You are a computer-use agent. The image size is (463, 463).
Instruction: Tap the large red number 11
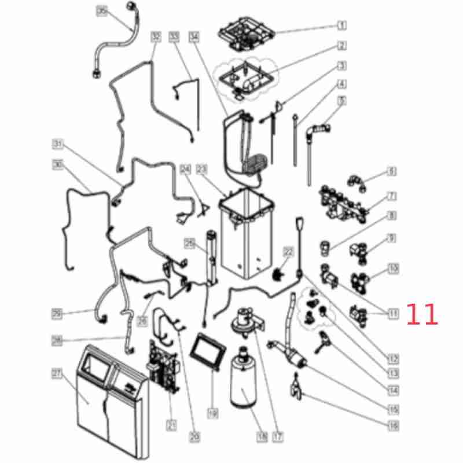(x=422, y=314)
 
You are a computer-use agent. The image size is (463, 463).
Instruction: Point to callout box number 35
(x=102, y=11)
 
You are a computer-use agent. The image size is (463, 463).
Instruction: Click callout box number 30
(x=57, y=165)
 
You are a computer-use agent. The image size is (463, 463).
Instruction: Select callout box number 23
(x=201, y=170)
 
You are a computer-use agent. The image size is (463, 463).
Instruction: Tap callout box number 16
(x=394, y=426)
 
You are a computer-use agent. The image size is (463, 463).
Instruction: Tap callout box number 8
(x=391, y=216)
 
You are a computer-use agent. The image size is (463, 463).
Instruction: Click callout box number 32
(x=155, y=36)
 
